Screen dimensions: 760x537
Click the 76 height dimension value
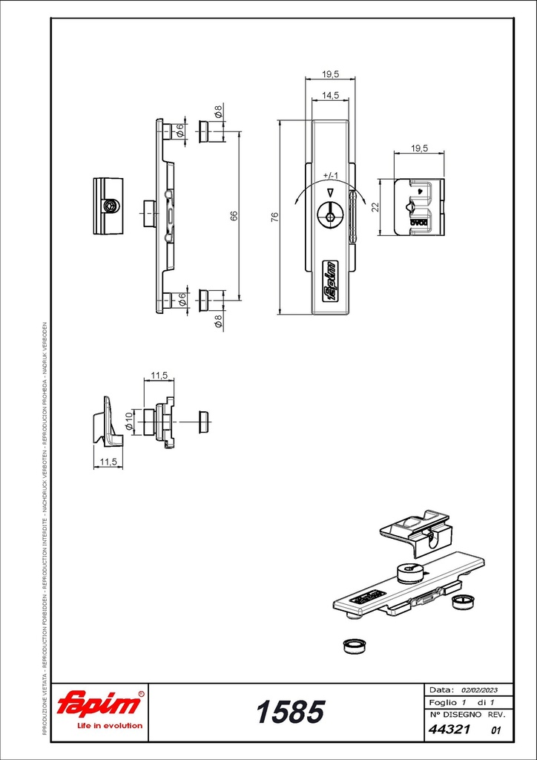274,217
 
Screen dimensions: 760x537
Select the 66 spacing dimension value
234,216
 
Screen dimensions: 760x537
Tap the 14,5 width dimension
330,96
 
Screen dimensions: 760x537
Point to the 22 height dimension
375,207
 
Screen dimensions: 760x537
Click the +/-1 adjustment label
331,176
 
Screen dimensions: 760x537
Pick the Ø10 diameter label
128,421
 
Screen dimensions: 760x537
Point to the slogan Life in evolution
110,725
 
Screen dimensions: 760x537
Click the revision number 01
496,731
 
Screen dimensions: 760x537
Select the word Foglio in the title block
443,702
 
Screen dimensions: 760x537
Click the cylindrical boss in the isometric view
409,574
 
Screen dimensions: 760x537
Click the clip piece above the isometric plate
415,531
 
